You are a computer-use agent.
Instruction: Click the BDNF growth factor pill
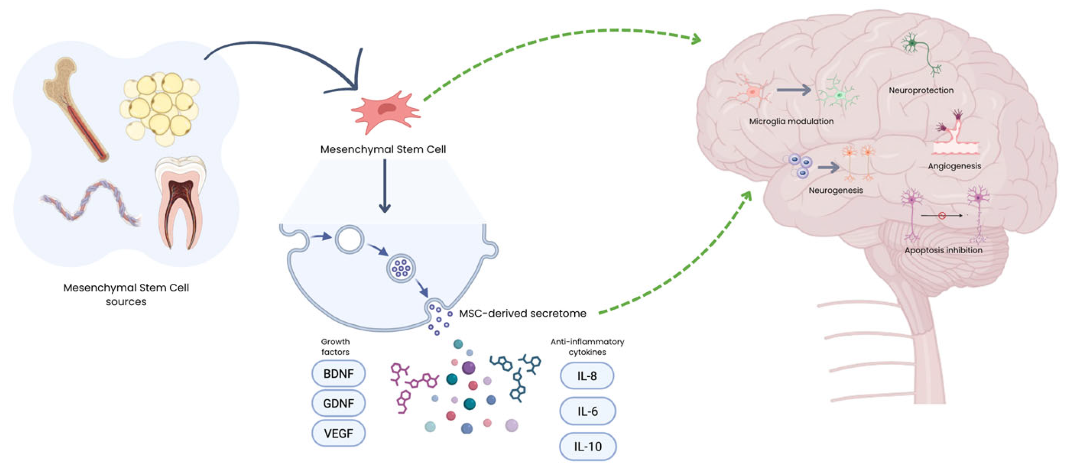[338, 373]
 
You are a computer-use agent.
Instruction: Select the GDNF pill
[338, 403]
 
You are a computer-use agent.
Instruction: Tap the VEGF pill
[338, 433]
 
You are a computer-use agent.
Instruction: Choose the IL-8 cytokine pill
[587, 376]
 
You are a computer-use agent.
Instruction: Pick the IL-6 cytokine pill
[587, 411]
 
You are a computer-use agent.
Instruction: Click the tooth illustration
[181, 201]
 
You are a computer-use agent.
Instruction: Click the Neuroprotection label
[921, 90]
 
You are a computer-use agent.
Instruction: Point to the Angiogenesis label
[954, 166]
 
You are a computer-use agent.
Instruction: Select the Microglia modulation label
[791, 121]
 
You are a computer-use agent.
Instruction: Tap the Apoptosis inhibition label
[943, 250]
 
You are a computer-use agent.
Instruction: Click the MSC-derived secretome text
[522, 313]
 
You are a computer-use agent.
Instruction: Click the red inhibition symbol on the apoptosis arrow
[941, 216]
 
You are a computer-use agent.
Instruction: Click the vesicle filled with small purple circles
[401, 268]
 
